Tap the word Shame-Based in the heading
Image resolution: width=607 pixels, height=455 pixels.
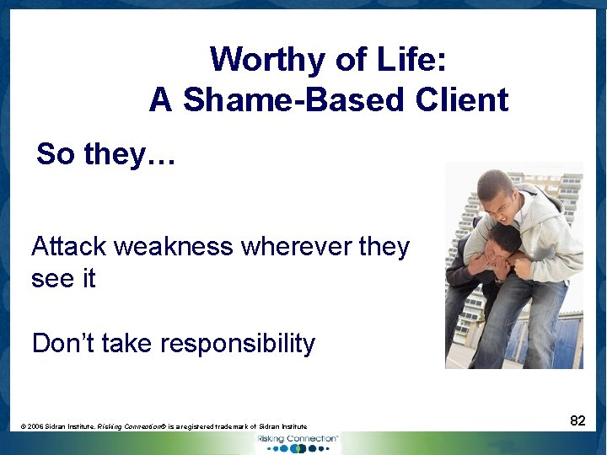pos(296,100)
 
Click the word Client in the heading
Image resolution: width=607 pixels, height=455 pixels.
pos(461,100)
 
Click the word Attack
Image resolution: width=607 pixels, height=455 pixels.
pos(68,247)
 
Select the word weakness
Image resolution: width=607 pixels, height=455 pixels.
pos(174,247)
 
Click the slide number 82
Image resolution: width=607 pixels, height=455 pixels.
pos(577,421)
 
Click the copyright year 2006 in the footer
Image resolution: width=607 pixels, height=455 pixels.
pos(37,427)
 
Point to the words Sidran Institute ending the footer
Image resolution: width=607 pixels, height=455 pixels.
pos(281,427)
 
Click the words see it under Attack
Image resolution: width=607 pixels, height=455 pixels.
pos(63,279)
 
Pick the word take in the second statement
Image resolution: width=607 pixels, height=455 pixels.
pos(126,344)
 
